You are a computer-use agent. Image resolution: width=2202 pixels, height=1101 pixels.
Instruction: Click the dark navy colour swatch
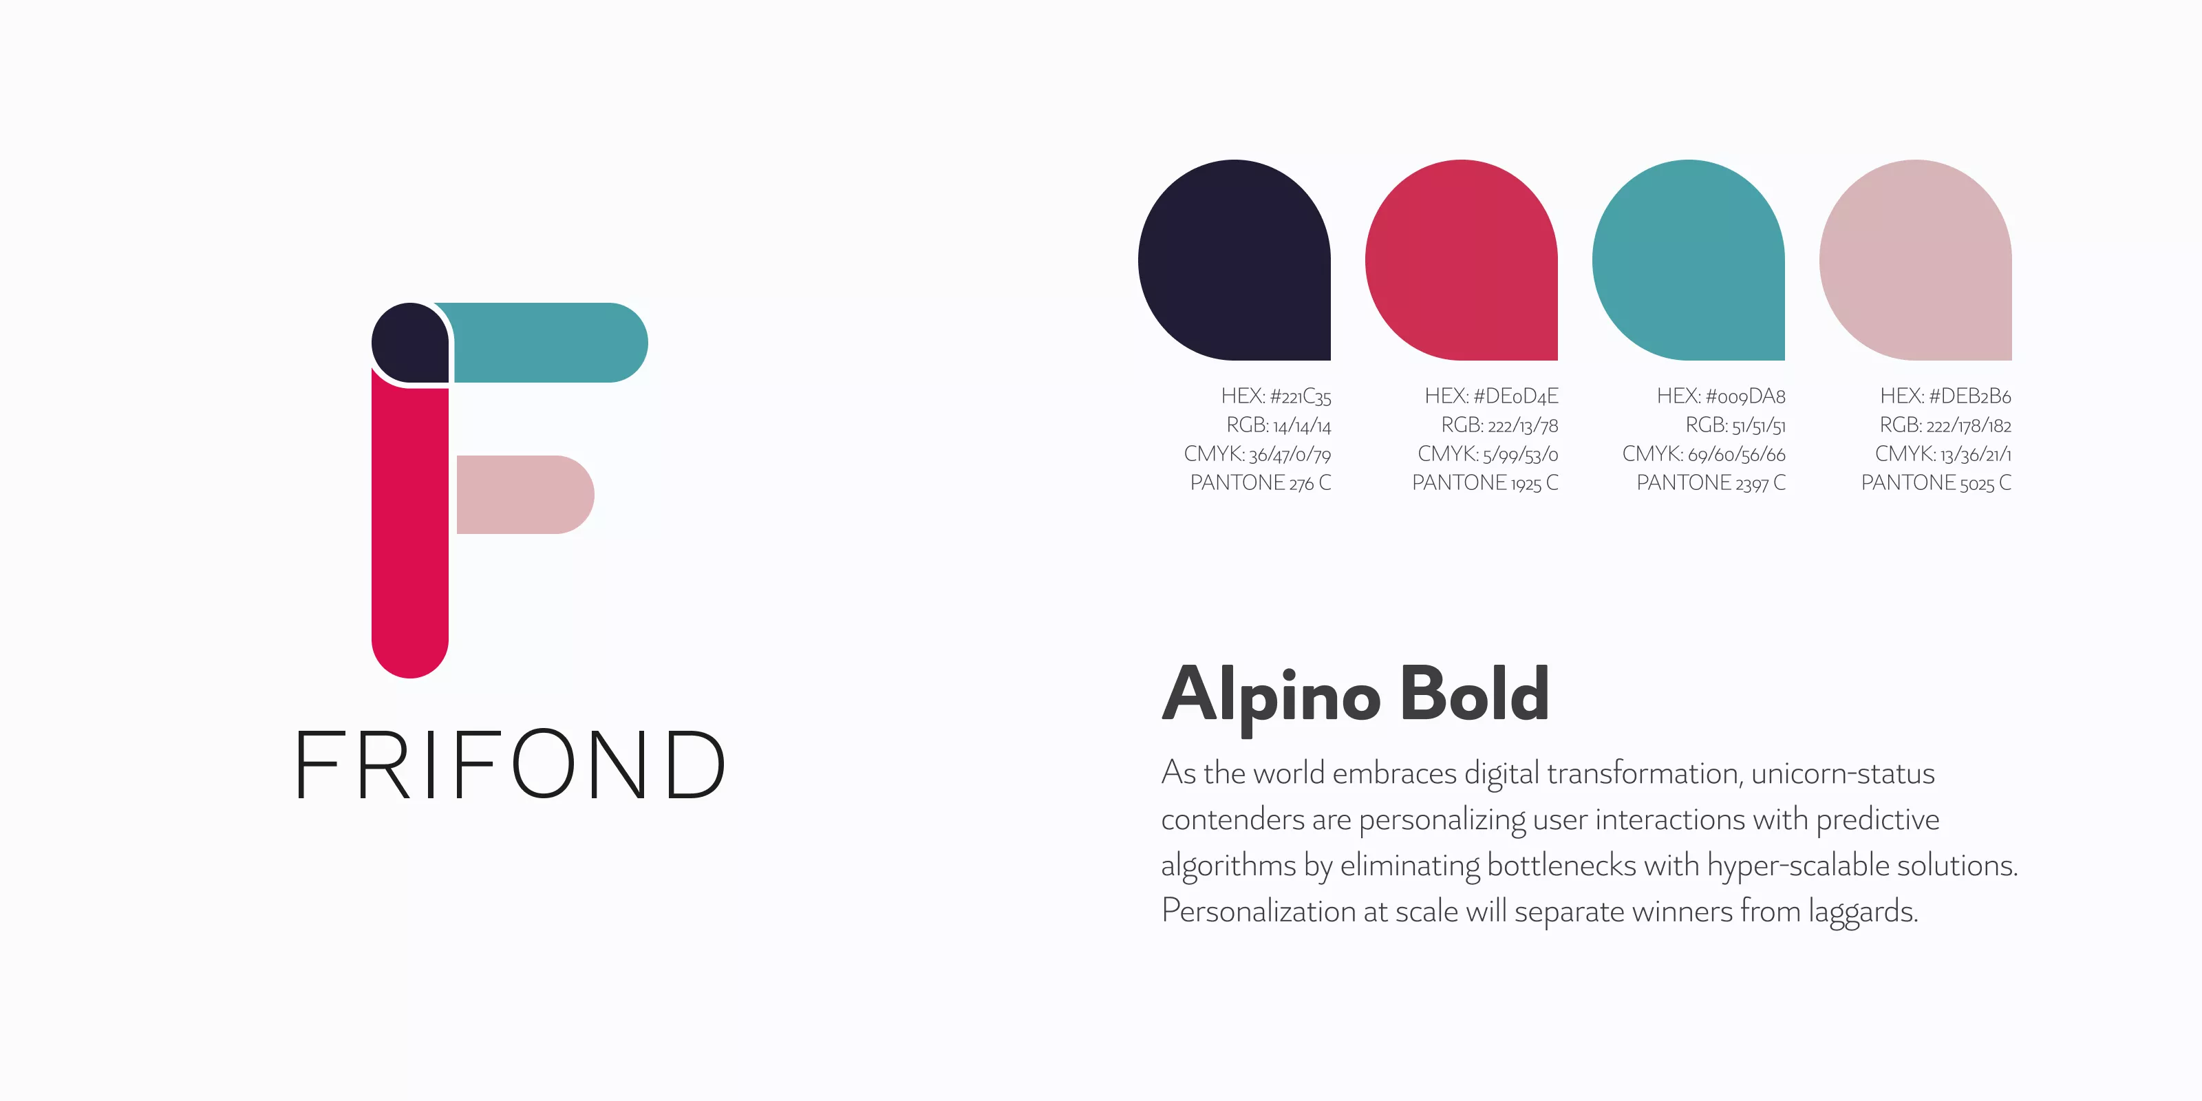pos(1234,260)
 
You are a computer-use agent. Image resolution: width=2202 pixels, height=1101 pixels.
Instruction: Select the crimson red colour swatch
pos(1462,260)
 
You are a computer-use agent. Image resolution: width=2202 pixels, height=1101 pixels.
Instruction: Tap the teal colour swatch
pos(1688,260)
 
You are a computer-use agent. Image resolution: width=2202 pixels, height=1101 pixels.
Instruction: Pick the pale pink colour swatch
pos(1916,260)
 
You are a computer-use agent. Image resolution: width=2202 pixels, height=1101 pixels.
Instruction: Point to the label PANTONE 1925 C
pos(1486,483)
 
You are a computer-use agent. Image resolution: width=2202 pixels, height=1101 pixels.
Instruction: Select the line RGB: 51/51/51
pos(1735,425)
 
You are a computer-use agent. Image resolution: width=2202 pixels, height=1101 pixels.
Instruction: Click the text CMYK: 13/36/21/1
pos(1943,454)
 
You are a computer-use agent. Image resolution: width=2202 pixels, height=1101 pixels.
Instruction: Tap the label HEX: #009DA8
pos(1721,396)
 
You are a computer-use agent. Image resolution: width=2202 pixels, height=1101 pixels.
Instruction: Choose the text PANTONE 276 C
pos(1261,483)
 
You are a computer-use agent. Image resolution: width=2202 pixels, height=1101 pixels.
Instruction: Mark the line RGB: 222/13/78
pos(1499,425)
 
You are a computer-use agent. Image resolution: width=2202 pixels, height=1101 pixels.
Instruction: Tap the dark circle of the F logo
pos(410,342)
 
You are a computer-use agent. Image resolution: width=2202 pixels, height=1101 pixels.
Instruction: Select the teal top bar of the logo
pos(547,342)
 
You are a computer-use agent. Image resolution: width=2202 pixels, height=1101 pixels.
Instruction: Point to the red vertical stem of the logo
pos(410,530)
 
